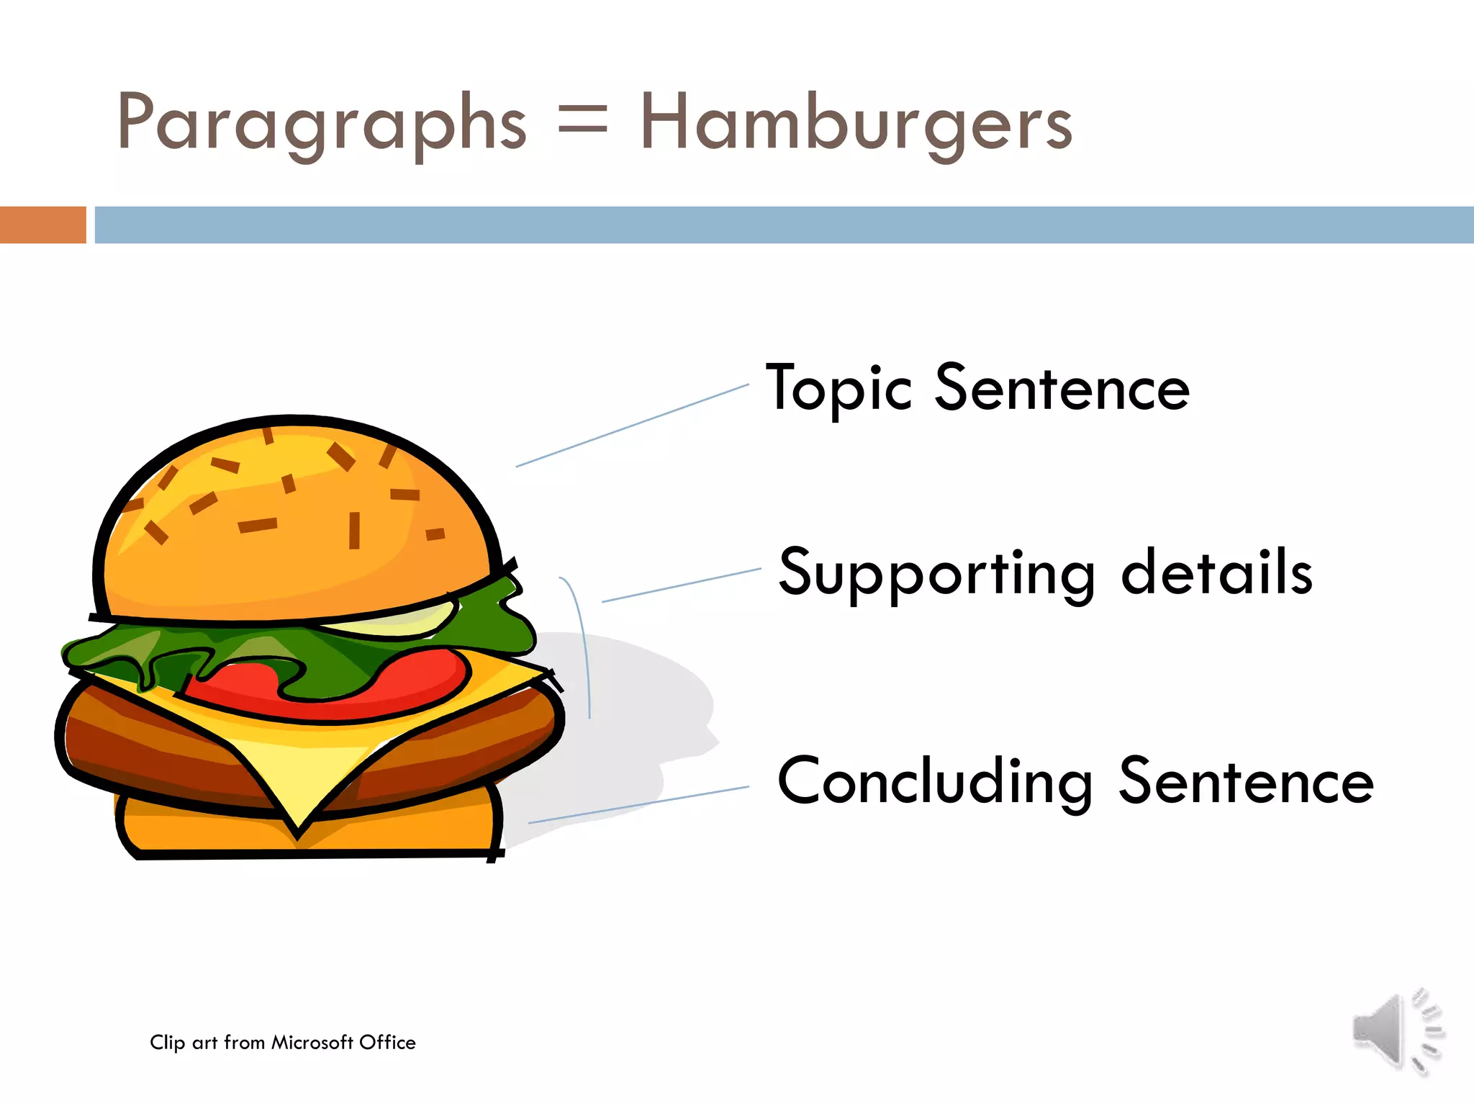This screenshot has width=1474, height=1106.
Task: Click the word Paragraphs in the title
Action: [322, 124]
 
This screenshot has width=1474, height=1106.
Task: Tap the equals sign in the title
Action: [583, 120]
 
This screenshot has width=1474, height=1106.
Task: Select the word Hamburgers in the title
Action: [856, 124]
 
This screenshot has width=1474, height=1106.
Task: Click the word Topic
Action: [839, 389]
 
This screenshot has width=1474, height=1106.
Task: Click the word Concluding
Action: [935, 783]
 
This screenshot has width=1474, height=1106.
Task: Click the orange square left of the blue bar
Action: [42, 225]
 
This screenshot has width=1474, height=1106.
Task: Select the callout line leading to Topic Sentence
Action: [632, 426]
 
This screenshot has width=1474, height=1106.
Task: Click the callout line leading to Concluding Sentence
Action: [638, 805]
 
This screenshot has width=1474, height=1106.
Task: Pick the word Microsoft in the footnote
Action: [312, 1043]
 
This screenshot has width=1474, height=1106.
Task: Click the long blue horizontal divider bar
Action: [785, 225]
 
